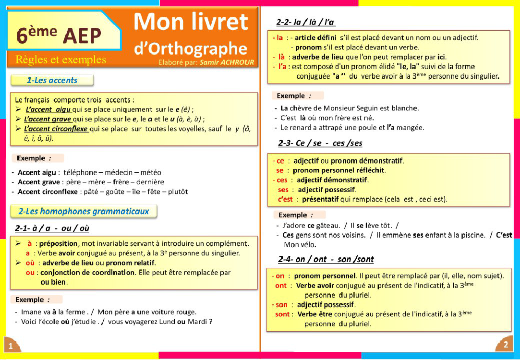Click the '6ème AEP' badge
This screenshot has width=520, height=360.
[59, 35]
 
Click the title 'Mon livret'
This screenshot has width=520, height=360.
[191, 22]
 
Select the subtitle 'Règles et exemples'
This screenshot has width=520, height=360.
[61, 60]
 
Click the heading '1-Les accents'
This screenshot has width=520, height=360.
[52, 80]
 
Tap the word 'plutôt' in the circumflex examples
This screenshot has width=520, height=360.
[177, 192]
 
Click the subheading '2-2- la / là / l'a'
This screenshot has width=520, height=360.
[306, 22]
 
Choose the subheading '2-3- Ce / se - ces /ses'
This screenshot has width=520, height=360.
[320, 143]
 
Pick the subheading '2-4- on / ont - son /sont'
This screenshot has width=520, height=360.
[326, 259]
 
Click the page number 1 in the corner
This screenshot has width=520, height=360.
[11, 346]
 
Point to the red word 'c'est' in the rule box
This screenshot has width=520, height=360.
[285, 199]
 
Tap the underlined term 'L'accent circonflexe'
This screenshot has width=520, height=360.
[56, 129]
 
